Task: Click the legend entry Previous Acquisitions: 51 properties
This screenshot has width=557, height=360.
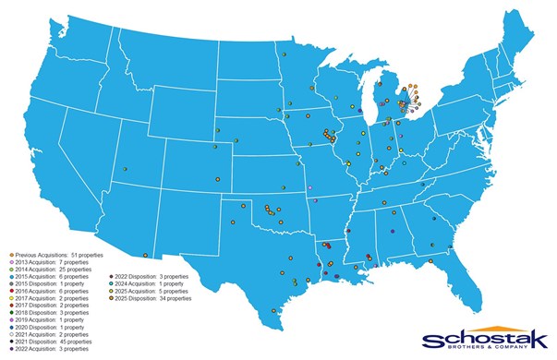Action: (55, 254)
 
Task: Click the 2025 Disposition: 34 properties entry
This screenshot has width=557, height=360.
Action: (152, 298)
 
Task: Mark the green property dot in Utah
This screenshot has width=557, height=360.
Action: (125, 169)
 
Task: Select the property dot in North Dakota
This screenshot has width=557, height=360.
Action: (286, 54)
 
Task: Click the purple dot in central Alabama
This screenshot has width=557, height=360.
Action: (393, 231)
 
